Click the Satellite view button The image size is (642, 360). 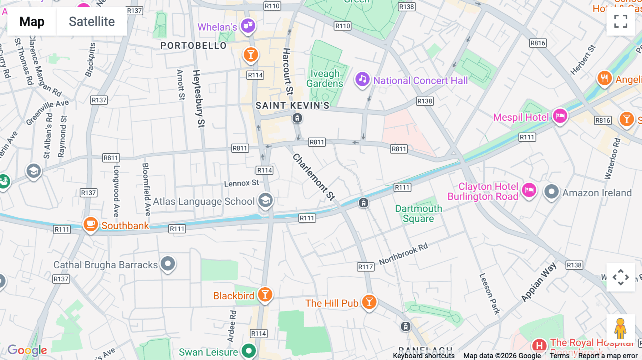(x=92, y=22)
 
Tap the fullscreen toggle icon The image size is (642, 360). (x=620, y=21)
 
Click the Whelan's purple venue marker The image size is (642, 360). (x=248, y=26)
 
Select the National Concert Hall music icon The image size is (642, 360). (x=362, y=79)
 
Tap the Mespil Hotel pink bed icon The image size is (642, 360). (x=560, y=116)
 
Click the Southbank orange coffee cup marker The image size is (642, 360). (x=91, y=224)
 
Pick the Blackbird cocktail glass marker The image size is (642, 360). (x=265, y=295)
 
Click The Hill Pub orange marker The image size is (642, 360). (x=369, y=302)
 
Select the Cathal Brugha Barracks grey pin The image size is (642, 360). (x=168, y=264)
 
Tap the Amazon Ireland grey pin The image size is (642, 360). (x=551, y=192)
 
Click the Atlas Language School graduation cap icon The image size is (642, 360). (x=265, y=200)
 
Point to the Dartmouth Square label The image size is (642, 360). (x=418, y=214)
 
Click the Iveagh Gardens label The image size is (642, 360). (x=325, y=78)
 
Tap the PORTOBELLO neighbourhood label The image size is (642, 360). (x=193, y=46)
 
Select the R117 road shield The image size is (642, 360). (x=366, y=267)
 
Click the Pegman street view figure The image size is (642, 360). (x=620, y=329)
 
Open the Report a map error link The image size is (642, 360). (x=608, y=356)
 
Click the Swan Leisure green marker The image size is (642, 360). (x=249, y=351)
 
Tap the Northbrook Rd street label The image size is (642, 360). (x=403, y=254)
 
